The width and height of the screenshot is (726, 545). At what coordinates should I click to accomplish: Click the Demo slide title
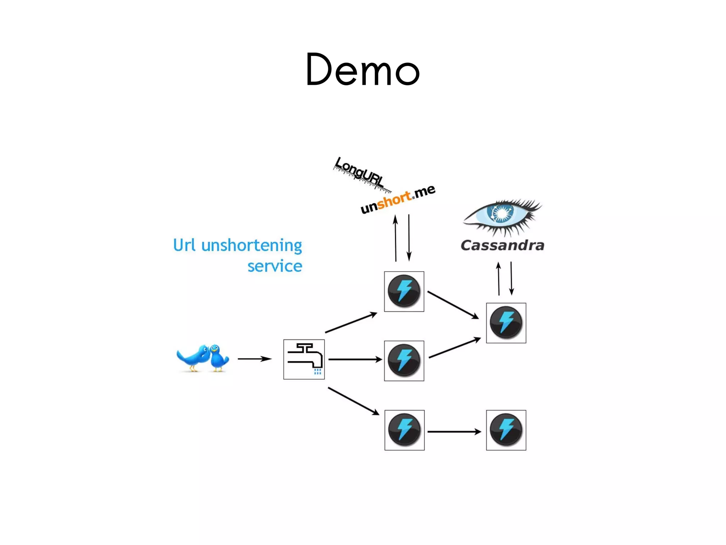pos(363,70)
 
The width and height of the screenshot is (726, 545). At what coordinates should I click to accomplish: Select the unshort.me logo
pos(398,199)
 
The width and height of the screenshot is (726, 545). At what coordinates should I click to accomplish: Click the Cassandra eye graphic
pos(502,216)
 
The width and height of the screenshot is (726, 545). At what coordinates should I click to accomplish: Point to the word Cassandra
pos(502,246)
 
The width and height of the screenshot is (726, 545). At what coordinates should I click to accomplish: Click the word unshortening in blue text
pos(251,246)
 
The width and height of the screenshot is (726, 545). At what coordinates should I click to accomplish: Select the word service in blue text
pos(275,266)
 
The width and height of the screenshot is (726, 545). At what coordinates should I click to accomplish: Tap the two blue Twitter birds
pos(203,358)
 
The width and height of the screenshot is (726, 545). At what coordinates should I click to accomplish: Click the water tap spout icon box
pos(304,359)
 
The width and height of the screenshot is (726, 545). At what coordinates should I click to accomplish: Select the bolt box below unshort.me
pos(404,292)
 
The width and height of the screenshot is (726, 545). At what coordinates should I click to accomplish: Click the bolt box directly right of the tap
pos(404,361)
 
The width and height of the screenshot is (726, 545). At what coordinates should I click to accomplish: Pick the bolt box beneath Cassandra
pos(506,323)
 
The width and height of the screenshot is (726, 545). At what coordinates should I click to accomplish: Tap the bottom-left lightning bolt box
pos(404,430)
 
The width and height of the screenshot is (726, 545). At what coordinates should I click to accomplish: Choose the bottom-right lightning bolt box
pos(506,430)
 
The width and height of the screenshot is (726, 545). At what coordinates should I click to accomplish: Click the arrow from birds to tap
pos(255,359)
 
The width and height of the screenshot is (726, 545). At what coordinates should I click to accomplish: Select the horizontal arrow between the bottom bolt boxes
pos(454,431)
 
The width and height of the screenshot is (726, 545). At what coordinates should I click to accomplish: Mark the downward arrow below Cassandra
pos(511,279)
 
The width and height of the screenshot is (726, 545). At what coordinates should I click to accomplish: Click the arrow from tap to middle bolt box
pos(355,359)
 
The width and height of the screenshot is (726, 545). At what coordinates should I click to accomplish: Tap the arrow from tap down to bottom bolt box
pos(353,401)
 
